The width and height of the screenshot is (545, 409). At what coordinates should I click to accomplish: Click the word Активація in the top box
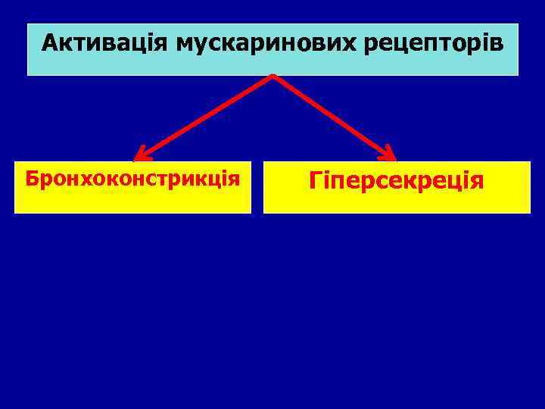click(106, 43)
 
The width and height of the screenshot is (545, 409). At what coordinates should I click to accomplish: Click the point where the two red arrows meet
click(272, 76)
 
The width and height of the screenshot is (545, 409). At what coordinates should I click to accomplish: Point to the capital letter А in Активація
click(49, 42)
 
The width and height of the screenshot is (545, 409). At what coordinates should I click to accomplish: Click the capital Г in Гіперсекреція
click(315, 181)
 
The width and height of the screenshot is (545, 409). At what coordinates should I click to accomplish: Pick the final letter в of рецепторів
click(495, 43)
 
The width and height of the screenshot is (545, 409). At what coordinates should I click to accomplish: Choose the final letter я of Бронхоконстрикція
click(235, 180)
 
